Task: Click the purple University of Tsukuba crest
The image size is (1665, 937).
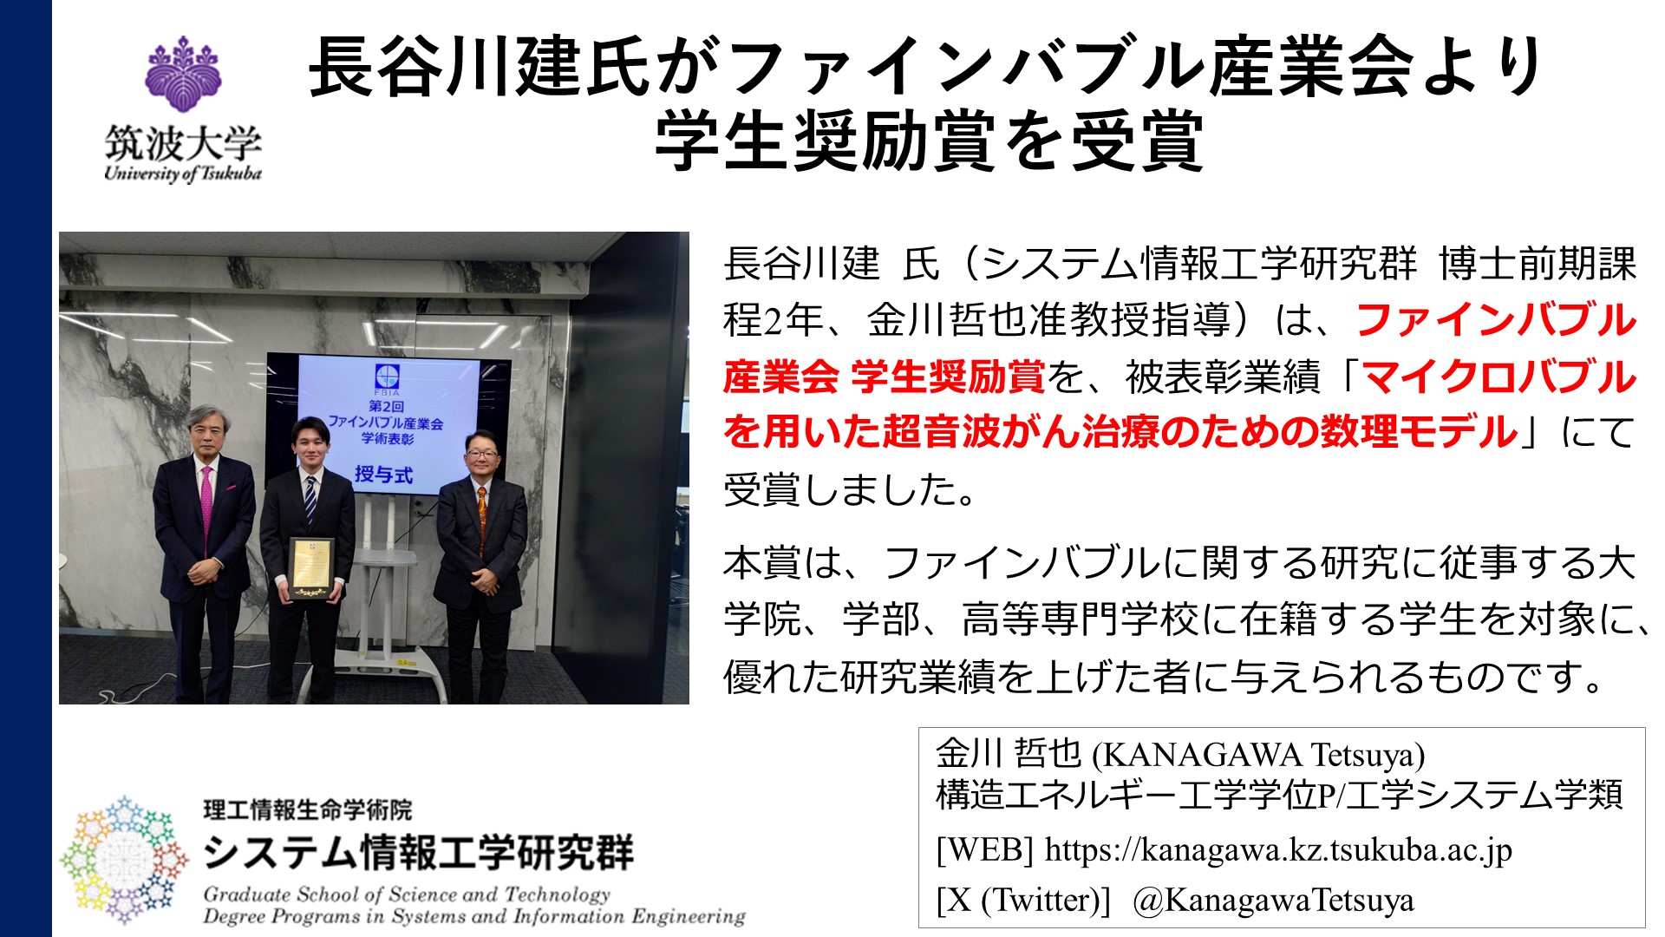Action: click(x=182, y=74)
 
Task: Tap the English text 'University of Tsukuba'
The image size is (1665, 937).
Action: click(x=182, y=173)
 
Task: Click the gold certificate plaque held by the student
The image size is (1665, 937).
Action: click(x=310, y=568)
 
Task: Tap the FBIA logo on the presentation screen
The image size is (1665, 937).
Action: click(x=387, y=380)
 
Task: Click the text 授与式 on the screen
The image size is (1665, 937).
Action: click(x=383, y=474)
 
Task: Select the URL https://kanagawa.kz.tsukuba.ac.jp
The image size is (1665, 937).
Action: click(x=1278, y=849)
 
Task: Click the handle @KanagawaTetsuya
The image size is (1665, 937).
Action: click(x=1273, y=900)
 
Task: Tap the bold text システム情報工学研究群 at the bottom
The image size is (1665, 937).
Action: click(x=419, y=852)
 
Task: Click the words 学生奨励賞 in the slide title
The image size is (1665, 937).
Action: click(x=825, y=141)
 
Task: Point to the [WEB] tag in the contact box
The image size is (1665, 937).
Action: click(x=985, y=849)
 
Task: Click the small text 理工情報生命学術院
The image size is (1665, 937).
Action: click(x=308, y=809)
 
